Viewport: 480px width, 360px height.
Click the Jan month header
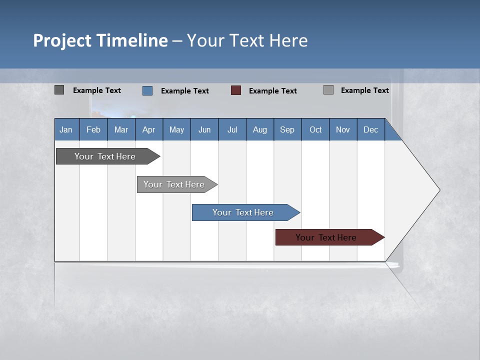click(x=66, y=129)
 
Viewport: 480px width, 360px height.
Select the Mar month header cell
click(x=121, y=129)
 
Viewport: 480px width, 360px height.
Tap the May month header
click(x=176, y=129)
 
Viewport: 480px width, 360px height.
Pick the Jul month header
click(x=232, y=129)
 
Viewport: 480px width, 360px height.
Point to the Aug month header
click(x=260, y=129)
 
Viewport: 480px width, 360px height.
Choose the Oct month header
click(x=315, y=129)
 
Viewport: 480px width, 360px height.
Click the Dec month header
click(x=371, y=129)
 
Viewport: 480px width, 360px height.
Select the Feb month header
click(x=93, y=129)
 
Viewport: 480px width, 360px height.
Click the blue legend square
click(x=147, y=90)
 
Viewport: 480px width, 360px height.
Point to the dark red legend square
click(x=236, y=90)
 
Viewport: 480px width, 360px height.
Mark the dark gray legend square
click(x=59, y=90)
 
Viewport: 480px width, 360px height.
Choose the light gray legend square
click(x=328, y=90)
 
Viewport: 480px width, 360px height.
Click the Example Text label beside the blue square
click(x=185, y=91)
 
